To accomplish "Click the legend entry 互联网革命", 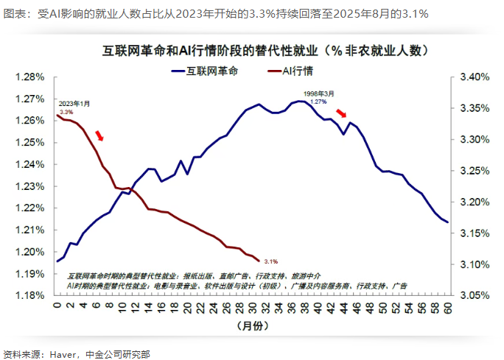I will pyautogui.click(x=213, y=71).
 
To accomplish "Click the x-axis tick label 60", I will pyautogui.click(x=447, y=306).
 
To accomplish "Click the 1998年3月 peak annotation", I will pyautogui.click(x=318, y=93).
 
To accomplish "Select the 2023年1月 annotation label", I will pyautogui.click(x=74, y=103).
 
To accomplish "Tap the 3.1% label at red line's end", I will pyautogui.click(x=270, y=261).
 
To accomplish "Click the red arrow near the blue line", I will pyautogui.click(x=340, y=113).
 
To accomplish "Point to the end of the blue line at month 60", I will pyautogui.click(x=447, y=222).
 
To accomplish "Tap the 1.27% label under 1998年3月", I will pyautogui.click(x=318, y=102).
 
